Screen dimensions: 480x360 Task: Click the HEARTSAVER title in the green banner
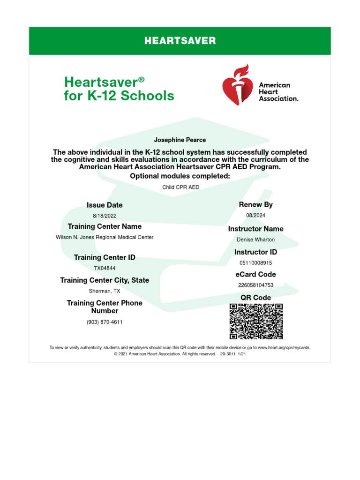coord(180,41)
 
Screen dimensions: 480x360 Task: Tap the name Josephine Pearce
coord(180,140)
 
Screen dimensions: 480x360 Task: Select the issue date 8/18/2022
coord(105,216)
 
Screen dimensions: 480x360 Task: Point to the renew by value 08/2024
coord(255,215)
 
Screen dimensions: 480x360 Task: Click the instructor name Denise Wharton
coord(255,240)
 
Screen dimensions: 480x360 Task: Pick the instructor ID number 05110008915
coord(255,263)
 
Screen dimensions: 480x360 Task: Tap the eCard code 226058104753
coord(255,285)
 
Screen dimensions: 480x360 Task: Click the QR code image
coord(256,321)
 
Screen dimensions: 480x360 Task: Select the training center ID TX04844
coord(105,268)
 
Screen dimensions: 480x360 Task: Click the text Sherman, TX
coord(105,291)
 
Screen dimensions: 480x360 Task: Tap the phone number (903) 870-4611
coord(105,322)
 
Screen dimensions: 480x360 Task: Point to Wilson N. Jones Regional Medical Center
coord(105,237)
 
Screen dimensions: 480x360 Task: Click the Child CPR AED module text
coord(180,187)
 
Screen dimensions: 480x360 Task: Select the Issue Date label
coord(105,205)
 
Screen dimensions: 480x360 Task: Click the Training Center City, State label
coord(105,280)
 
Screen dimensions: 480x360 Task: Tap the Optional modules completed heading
coord(180,176)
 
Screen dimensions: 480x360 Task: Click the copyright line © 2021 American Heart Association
coord(180,354)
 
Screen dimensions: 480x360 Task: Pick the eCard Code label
coord(255,274)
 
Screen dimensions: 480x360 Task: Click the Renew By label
coord(255,204)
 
